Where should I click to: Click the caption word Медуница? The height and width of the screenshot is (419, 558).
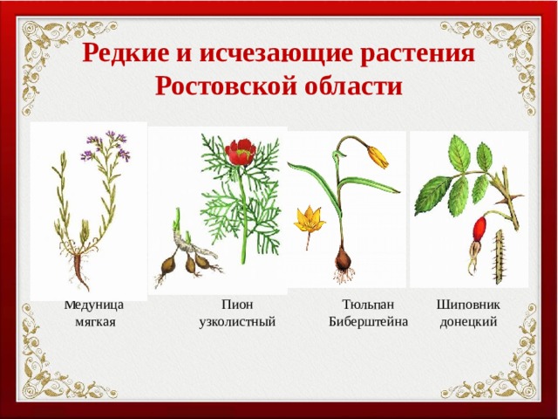click(93, 305)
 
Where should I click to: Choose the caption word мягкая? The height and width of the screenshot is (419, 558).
click(93, 321)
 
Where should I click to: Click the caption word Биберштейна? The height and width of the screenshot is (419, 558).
click(363, 321)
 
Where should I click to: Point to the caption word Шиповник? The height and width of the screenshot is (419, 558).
click(468, 305)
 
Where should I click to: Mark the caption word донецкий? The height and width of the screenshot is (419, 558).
click(468, 321)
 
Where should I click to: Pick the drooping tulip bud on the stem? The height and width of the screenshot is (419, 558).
click(377, 156)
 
